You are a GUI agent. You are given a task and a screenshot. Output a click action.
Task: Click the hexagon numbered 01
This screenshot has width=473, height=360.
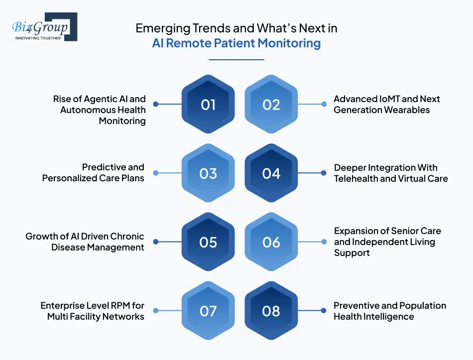pos(208,105)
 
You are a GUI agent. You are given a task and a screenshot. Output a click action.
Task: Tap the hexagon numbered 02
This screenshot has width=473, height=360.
pos(271,105)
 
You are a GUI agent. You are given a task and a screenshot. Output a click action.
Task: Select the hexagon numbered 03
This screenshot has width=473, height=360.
pos(208,173)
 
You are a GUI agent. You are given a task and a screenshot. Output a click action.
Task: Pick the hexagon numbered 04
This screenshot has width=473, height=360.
pos(271,173)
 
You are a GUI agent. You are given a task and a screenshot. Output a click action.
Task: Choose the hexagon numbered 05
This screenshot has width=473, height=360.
pos(208,242)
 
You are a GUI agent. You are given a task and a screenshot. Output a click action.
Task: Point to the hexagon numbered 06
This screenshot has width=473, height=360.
pos(271,242)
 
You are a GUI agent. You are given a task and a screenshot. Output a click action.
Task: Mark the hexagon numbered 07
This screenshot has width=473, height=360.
pos(208,311)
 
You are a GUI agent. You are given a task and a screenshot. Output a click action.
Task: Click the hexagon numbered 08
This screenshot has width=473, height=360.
pos(271,311)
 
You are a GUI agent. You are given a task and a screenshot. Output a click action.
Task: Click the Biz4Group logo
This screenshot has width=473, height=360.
pos(44,27)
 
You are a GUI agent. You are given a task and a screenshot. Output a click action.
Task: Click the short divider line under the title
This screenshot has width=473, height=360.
pos(236,60)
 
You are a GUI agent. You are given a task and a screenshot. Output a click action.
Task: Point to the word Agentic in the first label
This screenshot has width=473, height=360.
pos(106,99)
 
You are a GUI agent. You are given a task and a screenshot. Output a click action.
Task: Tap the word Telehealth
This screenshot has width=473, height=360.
pos(356,178)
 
